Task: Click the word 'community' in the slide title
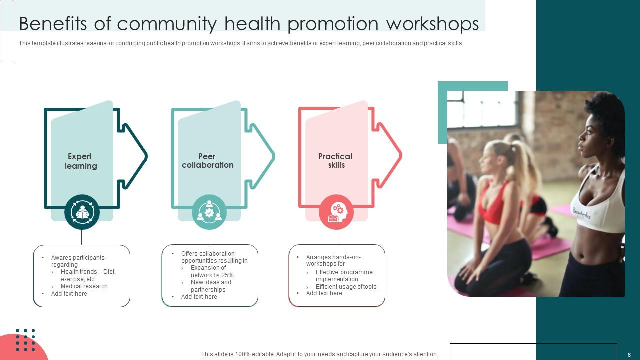(167, 24)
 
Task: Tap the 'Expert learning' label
(81, 161)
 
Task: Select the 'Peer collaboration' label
(207, 161)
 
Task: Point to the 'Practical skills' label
(335, 161)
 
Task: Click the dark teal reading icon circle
(82, 212)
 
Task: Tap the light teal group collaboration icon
(209, 212)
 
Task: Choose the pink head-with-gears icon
(336, 212)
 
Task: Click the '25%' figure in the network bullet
(227, 275)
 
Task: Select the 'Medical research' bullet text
(84, 286)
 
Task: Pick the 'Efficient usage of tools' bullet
(346, 286)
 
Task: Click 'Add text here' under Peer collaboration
(199, 297)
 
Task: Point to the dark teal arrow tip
(147, 156)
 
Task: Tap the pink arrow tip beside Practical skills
(401, 155)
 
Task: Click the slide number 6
(629, 355)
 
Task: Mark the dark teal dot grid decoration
(25, 340)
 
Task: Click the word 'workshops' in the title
(433, 24)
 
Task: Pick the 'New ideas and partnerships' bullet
(211, 286)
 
